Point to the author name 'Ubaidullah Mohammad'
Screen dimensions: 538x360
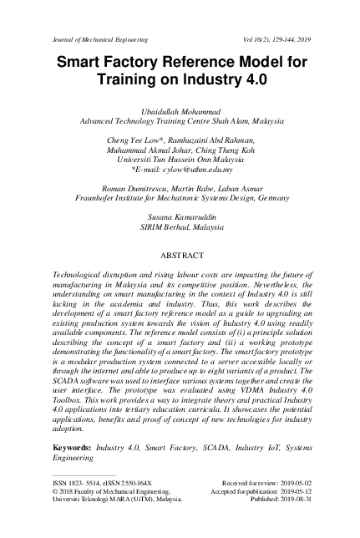180,109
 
